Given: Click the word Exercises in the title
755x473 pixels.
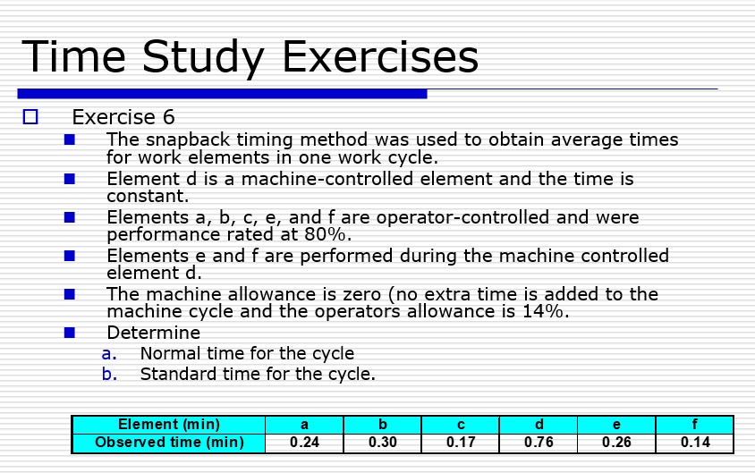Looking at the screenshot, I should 380,57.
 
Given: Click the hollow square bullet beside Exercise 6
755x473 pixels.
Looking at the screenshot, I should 31,116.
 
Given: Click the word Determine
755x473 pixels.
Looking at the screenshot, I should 153,334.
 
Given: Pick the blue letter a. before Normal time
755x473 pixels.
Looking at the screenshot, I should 108,354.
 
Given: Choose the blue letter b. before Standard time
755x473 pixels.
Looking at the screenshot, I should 108,374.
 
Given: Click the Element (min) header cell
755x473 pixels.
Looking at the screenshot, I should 168,425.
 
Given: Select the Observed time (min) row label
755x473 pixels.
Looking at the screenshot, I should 168,443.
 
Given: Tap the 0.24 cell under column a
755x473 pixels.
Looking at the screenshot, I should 305,443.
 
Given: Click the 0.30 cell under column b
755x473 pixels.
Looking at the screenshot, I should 382,443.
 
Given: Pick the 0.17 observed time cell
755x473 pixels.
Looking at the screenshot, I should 460,443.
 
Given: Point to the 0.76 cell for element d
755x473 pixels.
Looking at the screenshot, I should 538,443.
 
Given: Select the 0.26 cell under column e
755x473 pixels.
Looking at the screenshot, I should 616,443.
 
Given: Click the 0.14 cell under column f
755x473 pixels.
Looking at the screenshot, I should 694,443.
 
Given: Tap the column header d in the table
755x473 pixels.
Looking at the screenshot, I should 538,425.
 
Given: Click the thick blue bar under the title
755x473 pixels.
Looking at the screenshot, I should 222,93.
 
